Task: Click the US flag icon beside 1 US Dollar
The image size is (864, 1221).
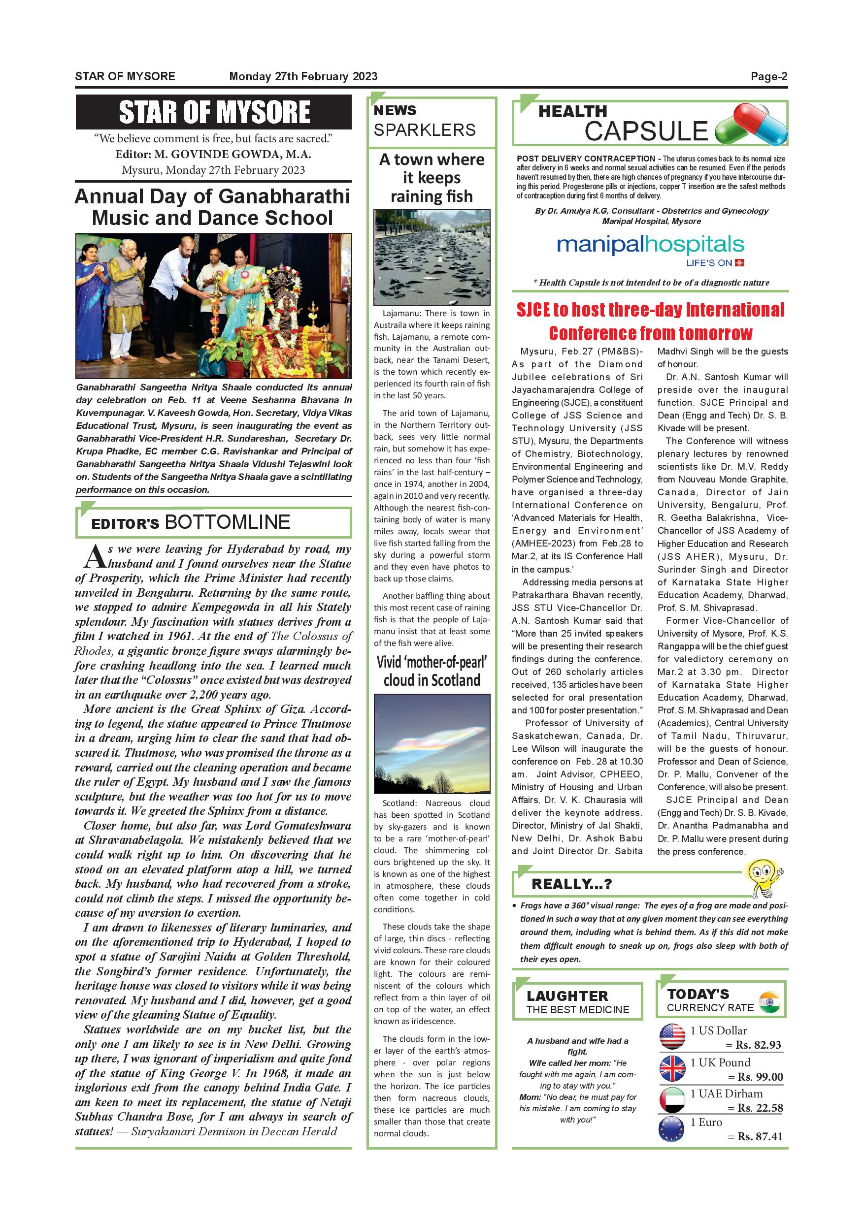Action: coord(672,1036)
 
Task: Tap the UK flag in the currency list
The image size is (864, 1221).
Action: coord(672,1068)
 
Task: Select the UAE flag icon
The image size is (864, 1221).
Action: coord(672,1100)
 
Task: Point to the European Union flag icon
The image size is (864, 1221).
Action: coord(671,1129)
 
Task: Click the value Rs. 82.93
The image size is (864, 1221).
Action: coord(758,1045)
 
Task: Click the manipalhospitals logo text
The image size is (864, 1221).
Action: coord(650,245)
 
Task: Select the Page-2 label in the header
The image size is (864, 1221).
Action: coord(769,76)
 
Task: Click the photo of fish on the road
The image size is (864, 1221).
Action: coord(432,257)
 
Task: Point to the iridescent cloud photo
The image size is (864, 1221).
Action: coord(432,743)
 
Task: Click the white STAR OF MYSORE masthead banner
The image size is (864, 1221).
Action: coord(214,112)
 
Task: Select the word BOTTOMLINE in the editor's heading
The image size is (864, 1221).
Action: coord(228,522)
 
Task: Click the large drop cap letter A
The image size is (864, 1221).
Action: coord(94,557)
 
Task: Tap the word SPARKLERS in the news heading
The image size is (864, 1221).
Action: coord(425,130)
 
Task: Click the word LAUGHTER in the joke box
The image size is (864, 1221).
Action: coord(567,996)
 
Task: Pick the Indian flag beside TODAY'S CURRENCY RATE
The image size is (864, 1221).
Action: coord(769,1002)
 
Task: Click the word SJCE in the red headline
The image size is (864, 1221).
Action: coord(536,310)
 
